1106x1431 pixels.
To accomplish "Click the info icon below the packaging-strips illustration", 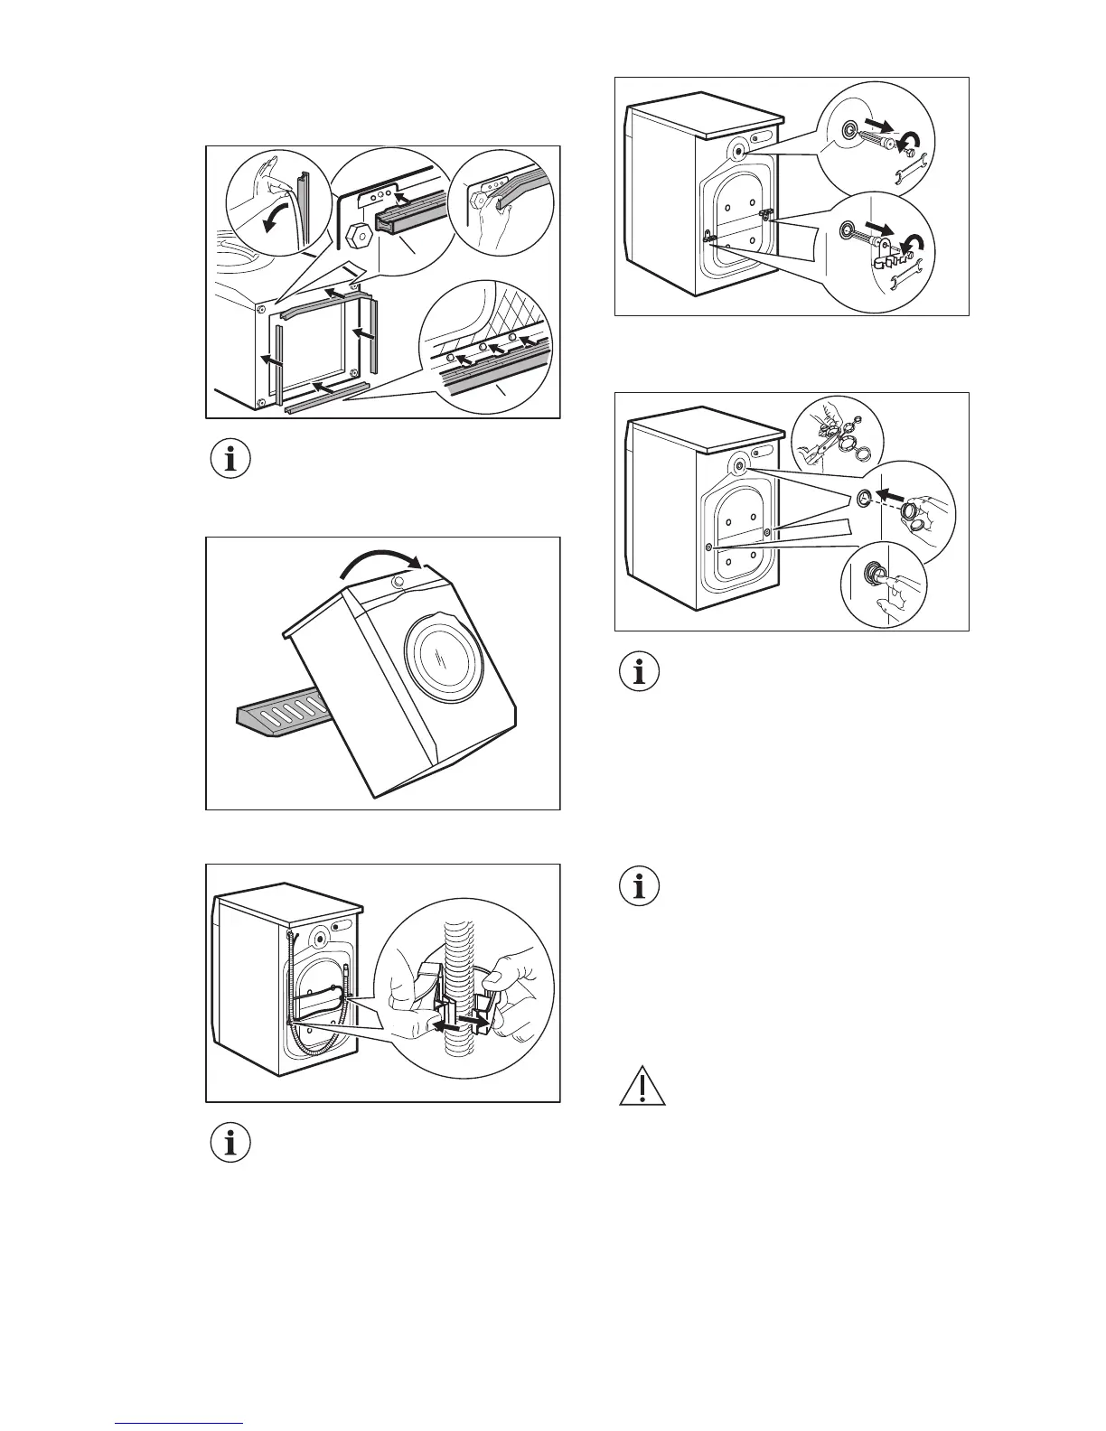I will point(230,459).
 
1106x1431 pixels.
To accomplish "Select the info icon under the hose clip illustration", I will point(230,1143).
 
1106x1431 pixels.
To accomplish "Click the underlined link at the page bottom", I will point(180,1424).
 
